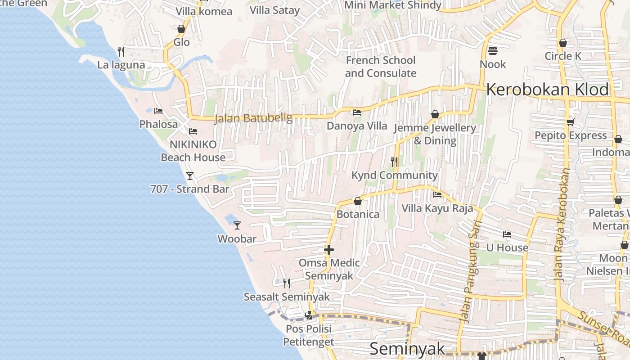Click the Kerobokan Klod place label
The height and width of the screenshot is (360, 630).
(547, 90)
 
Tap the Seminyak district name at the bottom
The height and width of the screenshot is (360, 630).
(407, 349)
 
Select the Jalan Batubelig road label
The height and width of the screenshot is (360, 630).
(253, 118)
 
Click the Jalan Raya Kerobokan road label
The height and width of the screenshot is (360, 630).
(563, 225)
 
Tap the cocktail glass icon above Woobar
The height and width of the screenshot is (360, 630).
(237, 225)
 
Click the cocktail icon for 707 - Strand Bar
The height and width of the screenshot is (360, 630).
(190, 175)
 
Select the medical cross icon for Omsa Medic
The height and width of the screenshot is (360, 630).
(329, 250)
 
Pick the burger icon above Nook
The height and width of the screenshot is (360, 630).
(493, 50)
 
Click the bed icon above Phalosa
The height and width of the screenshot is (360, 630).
(158, 111)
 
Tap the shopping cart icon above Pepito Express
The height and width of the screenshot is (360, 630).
(571, 122)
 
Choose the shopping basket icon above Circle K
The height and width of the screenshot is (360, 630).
(562, 43)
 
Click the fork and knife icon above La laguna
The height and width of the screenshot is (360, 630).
(121, 51)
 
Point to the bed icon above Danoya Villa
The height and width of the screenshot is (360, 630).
(357, 112)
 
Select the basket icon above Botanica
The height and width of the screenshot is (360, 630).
(358, 201)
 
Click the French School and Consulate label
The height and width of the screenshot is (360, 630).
(381, 67)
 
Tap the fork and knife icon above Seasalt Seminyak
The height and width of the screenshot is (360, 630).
(286, 283)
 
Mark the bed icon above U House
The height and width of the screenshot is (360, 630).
(507, 234)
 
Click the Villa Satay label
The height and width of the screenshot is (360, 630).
(274, 10)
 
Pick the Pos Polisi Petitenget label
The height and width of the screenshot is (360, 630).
(309, 335)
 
